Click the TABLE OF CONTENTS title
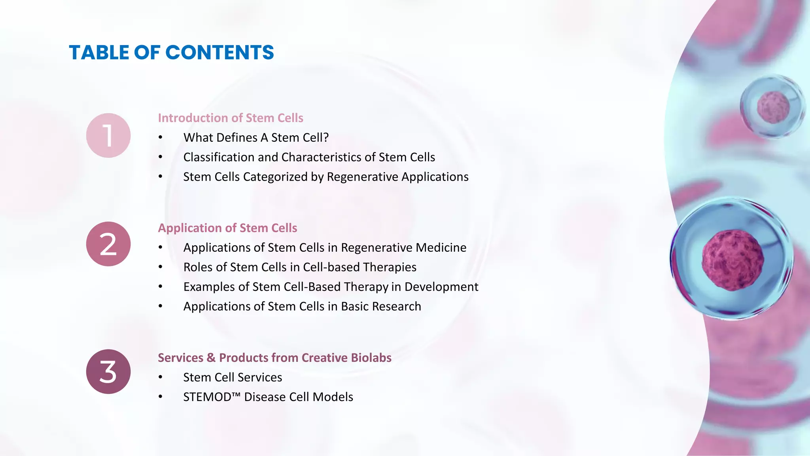coord(171,53)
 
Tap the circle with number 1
coord(108,135)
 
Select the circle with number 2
coord(108,244)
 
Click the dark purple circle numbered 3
coord(108,372)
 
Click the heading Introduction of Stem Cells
coord(231,118)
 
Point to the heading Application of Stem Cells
coord(227,228)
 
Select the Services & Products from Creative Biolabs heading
coord(274,358)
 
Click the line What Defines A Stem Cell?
coord(256,138)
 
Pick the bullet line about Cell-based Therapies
coord(300,267)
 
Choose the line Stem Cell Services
coord(233,377)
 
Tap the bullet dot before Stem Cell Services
coord(160,377)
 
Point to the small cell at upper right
coord(773,107)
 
